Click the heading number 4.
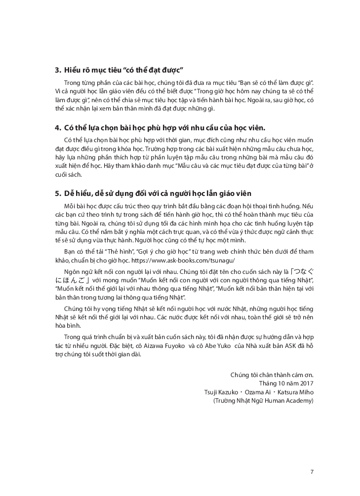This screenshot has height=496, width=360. click(x=57, y=127)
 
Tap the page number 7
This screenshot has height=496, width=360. click(x=312, y=471)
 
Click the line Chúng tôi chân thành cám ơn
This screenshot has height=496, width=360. click(x=272, y=374)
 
